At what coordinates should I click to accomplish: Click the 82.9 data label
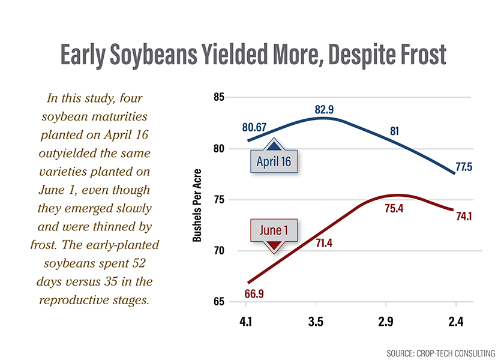point(324,109)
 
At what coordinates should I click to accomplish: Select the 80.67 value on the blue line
point(254,127)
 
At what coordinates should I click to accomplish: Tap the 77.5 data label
point(463,167)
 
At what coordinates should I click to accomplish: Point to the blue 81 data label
point(394,131)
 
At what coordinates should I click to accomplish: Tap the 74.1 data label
point(463,217)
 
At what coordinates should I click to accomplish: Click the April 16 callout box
point(274,161)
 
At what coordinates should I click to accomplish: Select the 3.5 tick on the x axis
point(316,322)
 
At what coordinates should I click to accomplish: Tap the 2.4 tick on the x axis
point(455,322)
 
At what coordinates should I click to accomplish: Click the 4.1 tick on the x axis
point(246,322)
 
